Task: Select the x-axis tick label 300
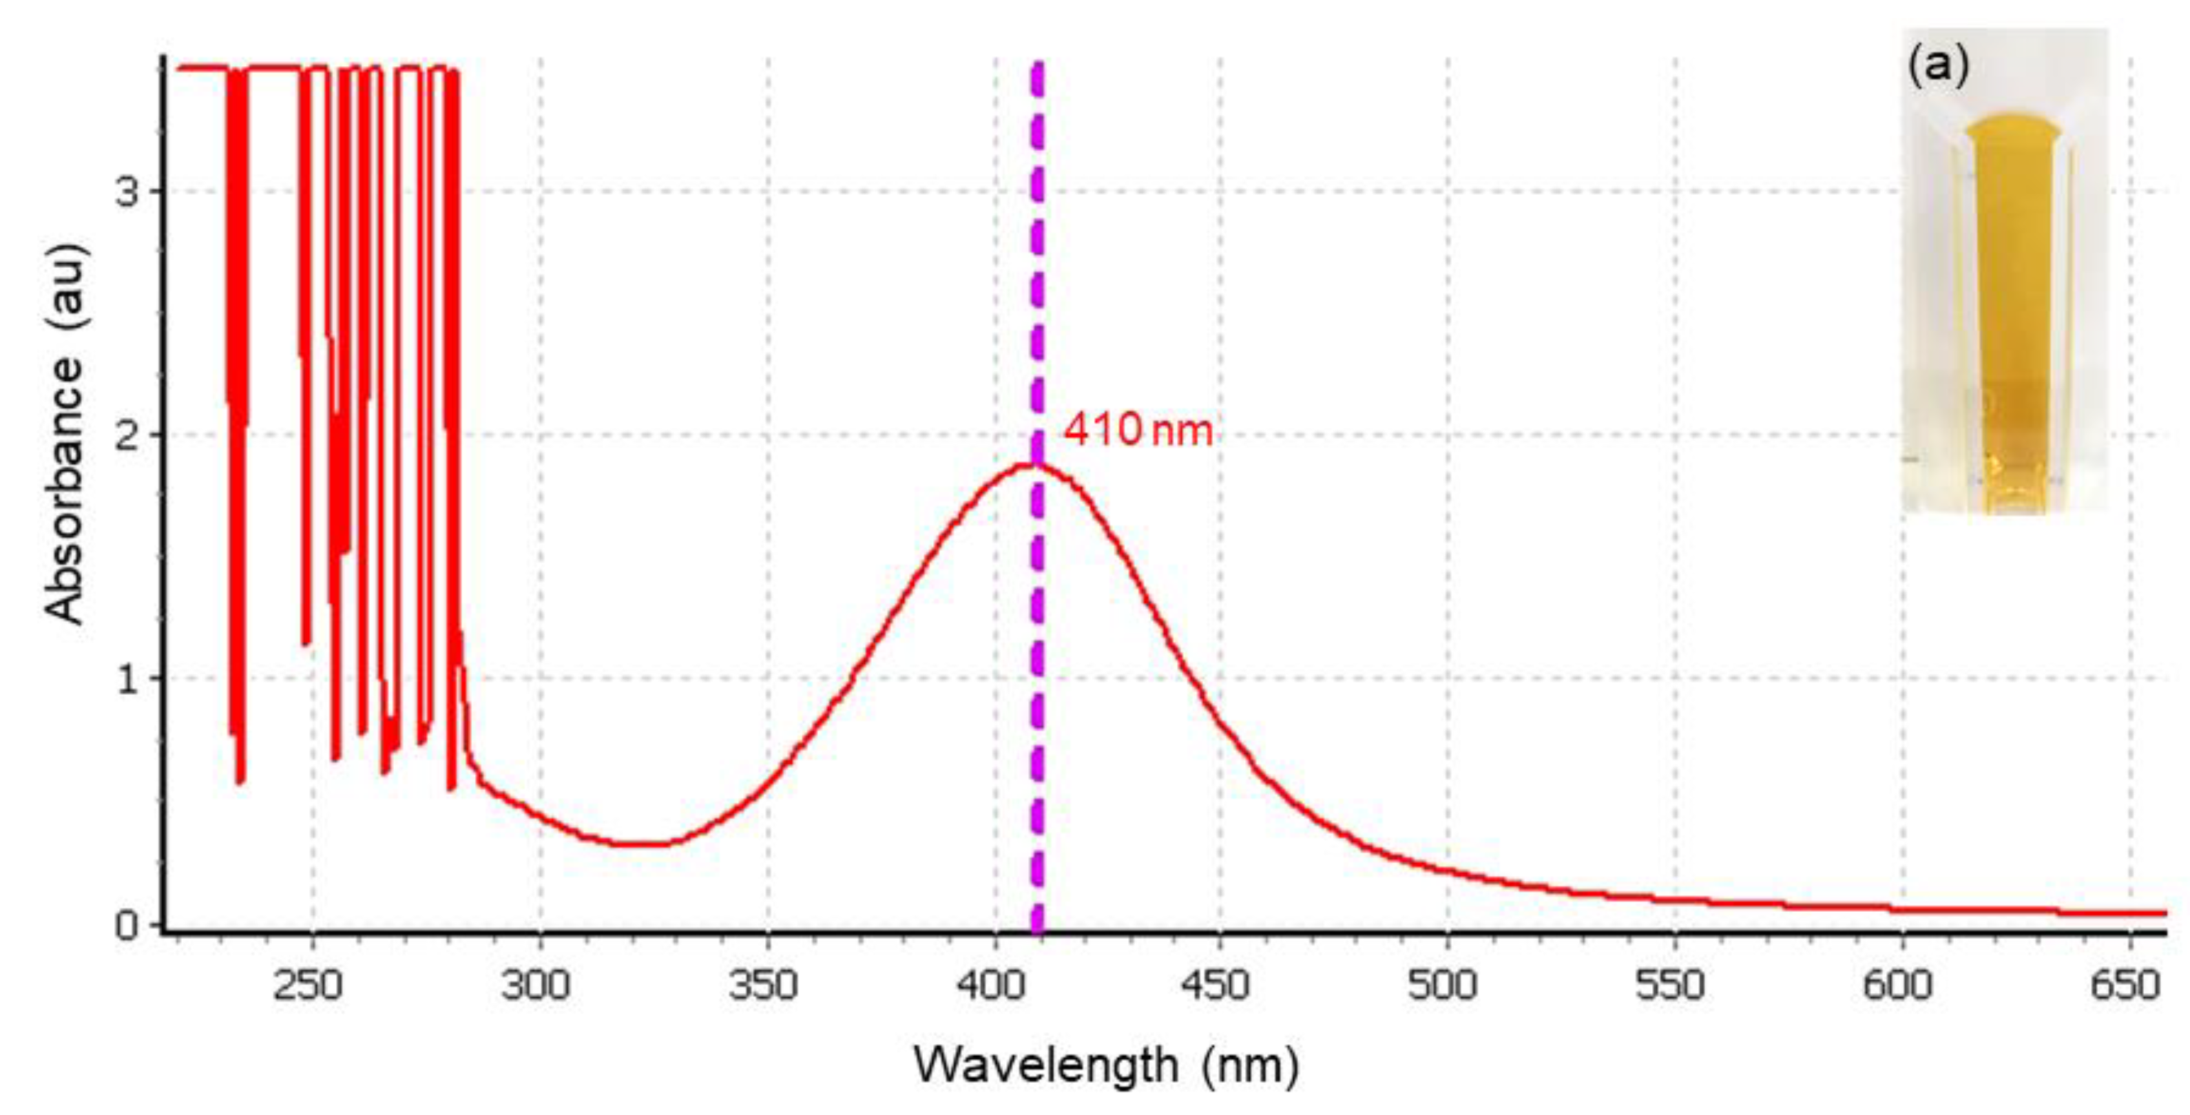536,986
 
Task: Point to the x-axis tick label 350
764,986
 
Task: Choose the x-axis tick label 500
1444,986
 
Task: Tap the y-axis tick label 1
127,680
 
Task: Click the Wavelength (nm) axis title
1106,1065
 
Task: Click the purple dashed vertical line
1037,680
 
